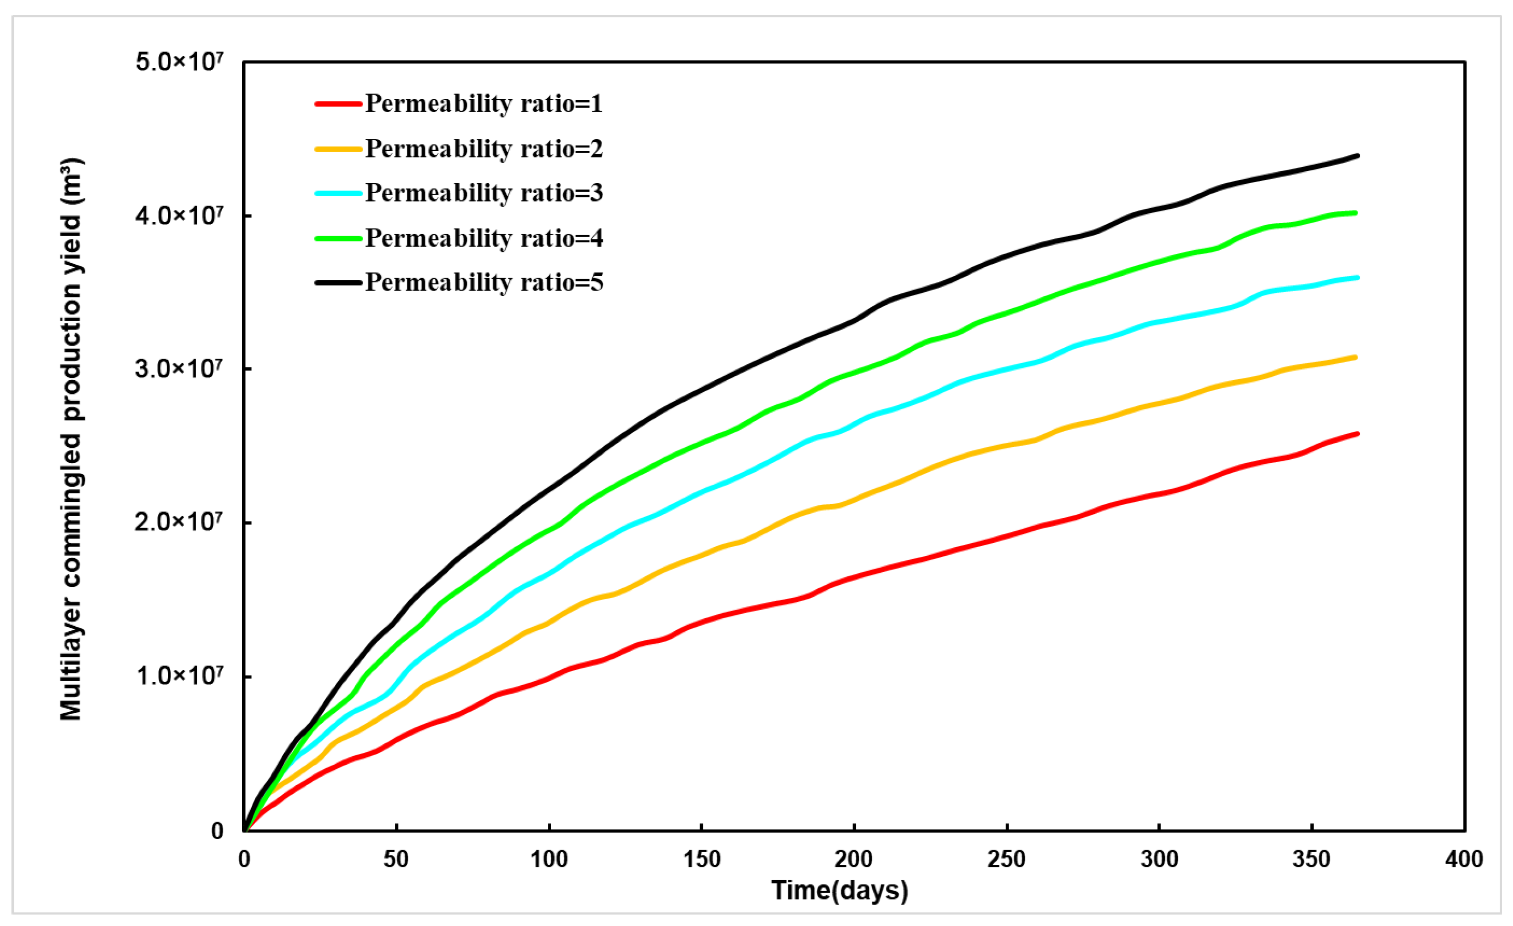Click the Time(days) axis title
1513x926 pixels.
click(x=839, y=890)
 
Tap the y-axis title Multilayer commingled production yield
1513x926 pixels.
click(x=71, y=439)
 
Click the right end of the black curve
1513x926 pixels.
click(x=1357, y=156)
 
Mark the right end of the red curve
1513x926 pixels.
click(x=1357, y=434)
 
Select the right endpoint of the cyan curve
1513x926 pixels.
click(x=1357, y=278)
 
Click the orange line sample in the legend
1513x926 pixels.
click(x=339, y=149)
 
